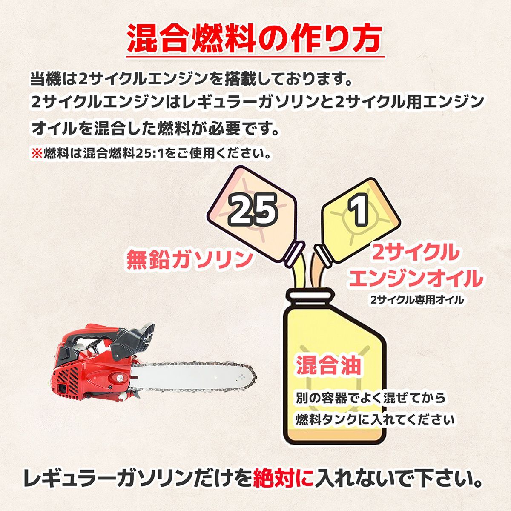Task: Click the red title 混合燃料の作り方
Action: coord(255,39)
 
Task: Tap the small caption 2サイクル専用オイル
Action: coord(417,300)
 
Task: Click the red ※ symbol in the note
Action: coord(37,154)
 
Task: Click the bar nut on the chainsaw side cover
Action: coord(119,377)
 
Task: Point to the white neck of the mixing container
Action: coord(311,295)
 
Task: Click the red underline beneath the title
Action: coord(255,57)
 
